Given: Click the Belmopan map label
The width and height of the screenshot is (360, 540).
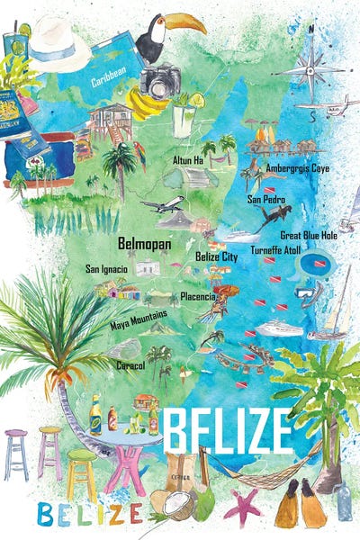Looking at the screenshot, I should (x=144, y=242).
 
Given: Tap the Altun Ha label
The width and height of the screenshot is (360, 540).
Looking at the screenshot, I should (x=189, y=159).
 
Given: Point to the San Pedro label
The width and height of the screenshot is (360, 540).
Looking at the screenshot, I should (x=267, y=198).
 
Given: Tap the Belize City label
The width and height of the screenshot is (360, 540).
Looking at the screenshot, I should (x=216, y=256).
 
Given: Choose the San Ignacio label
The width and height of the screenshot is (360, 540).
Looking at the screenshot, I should (x=106, y=268).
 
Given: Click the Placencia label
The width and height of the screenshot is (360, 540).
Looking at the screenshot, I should (x=197, y=295).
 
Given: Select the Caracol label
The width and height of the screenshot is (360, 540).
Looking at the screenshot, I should (x=130, y=365).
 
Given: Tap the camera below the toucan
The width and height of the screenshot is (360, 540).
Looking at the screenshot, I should (x=160, y=82).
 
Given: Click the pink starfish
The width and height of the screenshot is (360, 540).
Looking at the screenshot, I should (x=242, y=507).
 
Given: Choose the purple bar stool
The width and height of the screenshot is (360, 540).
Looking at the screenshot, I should (x=16, y=450).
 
